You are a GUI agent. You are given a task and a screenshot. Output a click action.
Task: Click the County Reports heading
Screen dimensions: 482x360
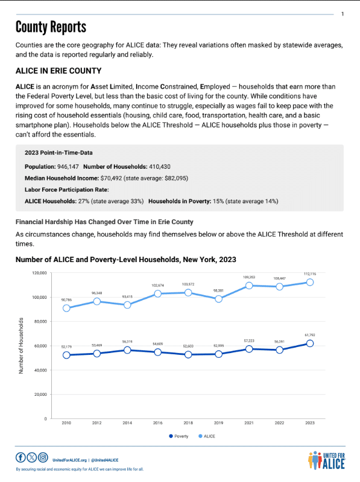click(x=51, y=27)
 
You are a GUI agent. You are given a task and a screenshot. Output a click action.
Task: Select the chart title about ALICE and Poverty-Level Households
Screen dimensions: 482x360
click(x=125, y=259)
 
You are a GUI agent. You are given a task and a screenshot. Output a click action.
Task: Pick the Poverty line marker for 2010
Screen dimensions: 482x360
click(x=66, y=355)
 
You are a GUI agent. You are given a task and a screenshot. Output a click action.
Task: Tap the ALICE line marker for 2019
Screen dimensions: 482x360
click(x=218, y=299)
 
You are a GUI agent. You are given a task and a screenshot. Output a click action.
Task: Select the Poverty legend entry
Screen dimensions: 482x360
click(x=178, y=436)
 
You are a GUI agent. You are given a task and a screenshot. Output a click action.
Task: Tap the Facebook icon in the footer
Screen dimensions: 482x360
click(x=21, y=457)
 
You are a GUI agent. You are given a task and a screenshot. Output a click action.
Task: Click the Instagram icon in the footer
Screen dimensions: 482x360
click(x=42, y=457)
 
